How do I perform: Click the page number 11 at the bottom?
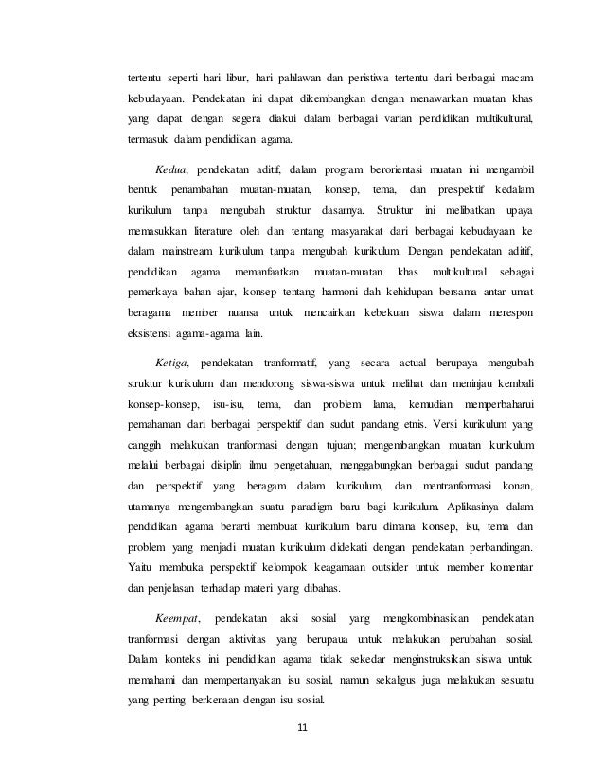click(302, 727)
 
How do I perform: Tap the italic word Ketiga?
click(172, 364)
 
